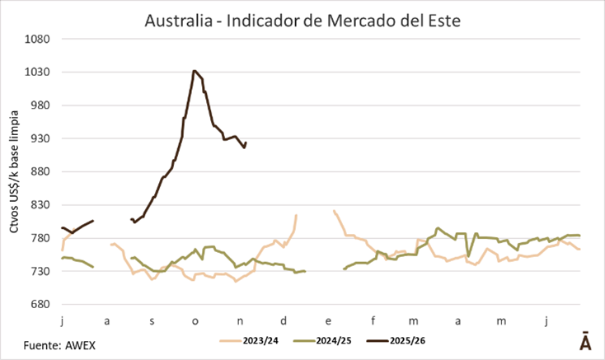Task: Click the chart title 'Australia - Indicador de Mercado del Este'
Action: [x=302, y=17]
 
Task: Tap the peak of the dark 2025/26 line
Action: [x=194, y=71]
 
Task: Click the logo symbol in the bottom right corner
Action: [x=584, y=342]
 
